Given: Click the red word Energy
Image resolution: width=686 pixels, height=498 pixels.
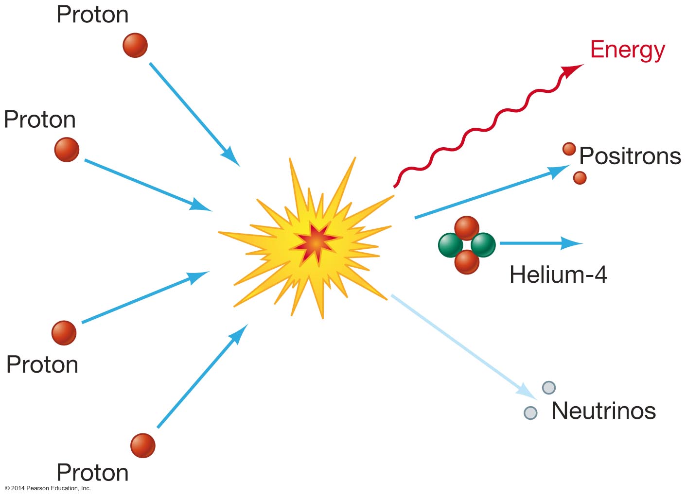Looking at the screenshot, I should pyautogui.click(x=627, y=50).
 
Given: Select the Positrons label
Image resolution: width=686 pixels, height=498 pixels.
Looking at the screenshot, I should pyautogui.click(x=630, y=156).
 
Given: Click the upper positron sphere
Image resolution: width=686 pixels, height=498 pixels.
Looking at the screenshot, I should pyautogui.click(x=569, y=149).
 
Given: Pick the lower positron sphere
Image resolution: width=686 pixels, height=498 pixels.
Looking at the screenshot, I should pyautogui.click(x=580, y=178).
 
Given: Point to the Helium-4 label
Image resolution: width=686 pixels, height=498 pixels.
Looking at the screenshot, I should pyautogui.click(x=558, y=275).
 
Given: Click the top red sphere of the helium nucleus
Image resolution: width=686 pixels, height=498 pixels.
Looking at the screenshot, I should pyautogui.click(x=467, y=228).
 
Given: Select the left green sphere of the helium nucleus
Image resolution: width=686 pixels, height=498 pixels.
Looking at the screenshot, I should pyautogui.click(x=451, y=245).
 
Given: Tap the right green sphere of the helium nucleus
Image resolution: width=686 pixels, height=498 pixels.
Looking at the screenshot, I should pyautogui.click(x=483, y=244).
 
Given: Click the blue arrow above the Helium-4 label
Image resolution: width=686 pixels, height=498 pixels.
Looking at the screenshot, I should pyautogui.click(x=540, y=243).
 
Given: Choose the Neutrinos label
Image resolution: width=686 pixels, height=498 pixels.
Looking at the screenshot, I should pyautogui.click(x=603, y=411).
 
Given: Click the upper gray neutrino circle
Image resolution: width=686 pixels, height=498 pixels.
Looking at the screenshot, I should pyautogui.click(x=548, y=387).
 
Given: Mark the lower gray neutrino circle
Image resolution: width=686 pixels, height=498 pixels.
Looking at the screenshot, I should pyautogui.click(x=530, y=413).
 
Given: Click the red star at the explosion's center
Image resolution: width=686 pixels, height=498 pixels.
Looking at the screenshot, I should pyautogui.click(x=315, y=241).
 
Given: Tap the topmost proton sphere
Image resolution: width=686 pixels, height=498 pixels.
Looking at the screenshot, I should pyautogui.click(x=135, y=45).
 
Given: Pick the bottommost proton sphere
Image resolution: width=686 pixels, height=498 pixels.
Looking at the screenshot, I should pyautogui.click(x=142, y=446).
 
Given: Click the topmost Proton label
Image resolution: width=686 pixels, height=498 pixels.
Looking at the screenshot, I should pyautogui.click(x=92, y=15).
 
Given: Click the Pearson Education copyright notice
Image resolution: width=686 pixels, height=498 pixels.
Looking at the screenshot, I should pyautogui.click(x=48, y=488).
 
